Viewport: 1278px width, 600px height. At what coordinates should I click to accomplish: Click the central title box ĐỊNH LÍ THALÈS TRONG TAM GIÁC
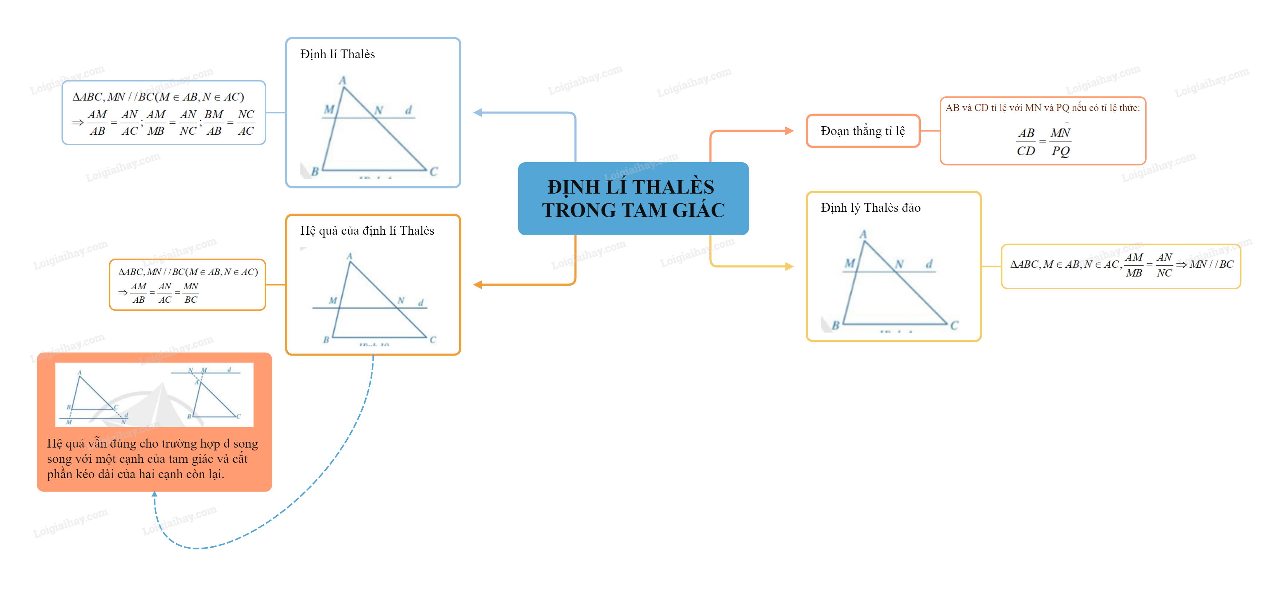[633, 198]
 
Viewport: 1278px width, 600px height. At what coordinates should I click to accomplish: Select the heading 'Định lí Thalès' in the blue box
[338, 54]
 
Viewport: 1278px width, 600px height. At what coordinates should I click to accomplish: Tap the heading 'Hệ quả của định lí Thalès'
[367, 231]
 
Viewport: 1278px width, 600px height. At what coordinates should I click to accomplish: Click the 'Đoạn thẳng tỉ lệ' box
[863, 131]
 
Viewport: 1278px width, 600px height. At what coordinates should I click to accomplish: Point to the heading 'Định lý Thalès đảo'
[871, 208]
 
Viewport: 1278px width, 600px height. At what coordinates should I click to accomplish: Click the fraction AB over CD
[1026, 142]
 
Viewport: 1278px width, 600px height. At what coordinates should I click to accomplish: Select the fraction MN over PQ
[1060, 142]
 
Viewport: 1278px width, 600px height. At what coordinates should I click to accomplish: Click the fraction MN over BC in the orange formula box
[190, 293]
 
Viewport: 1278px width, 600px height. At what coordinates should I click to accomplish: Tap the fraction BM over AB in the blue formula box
[214, 123]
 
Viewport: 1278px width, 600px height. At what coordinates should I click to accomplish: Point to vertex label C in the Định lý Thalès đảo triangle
[954, 325]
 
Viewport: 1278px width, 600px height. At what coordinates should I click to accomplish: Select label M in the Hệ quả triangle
[333, 301]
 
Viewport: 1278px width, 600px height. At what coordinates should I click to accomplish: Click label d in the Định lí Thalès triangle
[408, 110]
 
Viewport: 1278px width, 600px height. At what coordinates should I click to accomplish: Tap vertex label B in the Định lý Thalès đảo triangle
[836, 325]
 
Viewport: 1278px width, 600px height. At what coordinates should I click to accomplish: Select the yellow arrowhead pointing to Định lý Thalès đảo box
[789, 266]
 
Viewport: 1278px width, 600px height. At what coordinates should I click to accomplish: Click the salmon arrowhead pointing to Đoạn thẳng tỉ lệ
[789, 131]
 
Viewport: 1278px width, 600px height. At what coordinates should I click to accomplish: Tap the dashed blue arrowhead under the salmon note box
[154, 494]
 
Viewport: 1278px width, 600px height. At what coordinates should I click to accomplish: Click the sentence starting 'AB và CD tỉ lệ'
[1042, 108]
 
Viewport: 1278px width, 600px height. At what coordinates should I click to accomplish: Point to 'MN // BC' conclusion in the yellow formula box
[1211, 264]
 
